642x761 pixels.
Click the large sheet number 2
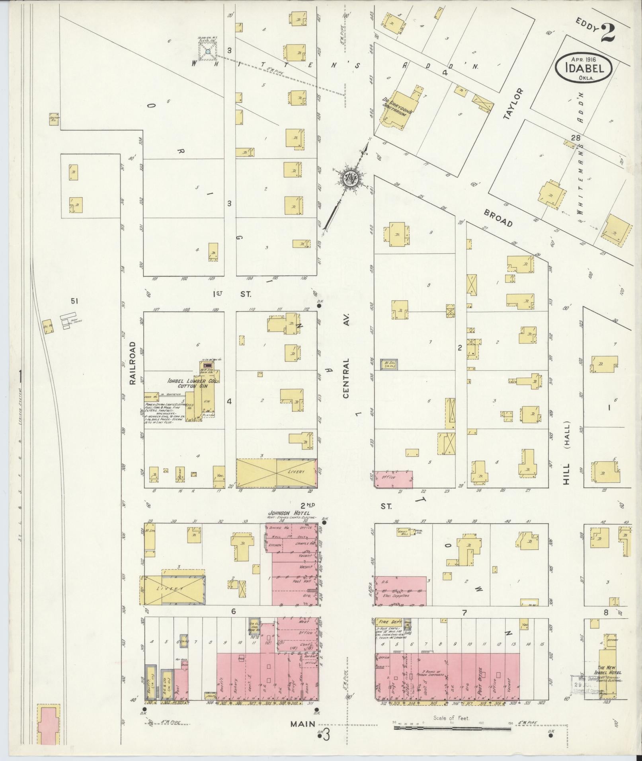click(607, 33)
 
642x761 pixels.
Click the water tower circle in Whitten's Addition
click(208, 52)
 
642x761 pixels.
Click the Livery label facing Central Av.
click(296, 471)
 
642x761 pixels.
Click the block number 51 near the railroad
click(74, 302)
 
